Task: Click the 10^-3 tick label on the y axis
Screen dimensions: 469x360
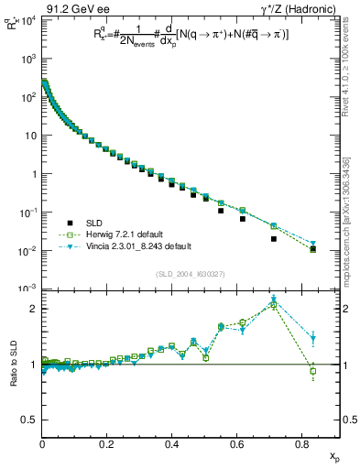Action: [27, 289]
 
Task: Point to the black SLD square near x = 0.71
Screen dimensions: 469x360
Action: [274, 239]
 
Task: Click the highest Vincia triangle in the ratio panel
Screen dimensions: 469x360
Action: [274, 300]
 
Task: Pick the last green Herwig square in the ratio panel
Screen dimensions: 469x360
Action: [313, 371]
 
